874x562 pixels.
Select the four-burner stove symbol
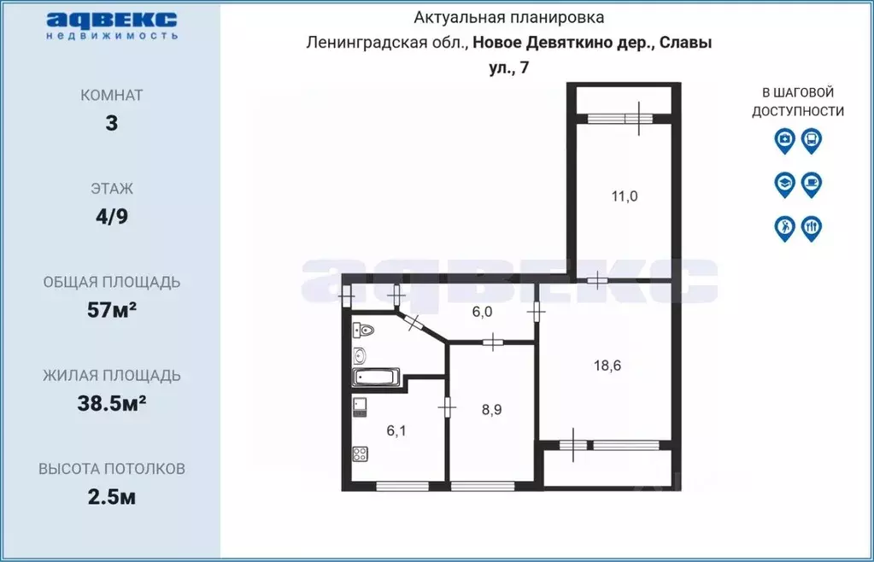click(x=360, y=454)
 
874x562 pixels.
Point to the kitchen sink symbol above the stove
click(x=360, y=406)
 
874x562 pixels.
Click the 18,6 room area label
click(x=607, y=366)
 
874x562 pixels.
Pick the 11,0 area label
click(x=624, y=196)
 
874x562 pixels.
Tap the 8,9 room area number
click(x=491, y=409)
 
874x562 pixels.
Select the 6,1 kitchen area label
click(x=396, y=431)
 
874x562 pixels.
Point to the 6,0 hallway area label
click(x=482, y=312)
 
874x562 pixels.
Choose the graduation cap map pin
click(x=784, y=183)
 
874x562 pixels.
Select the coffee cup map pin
click(x=811, y=183)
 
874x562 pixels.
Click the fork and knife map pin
click(x=811, y=227)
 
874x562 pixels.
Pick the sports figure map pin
click(x=784, y=227)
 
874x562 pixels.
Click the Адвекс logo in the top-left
click(x=112, y=25)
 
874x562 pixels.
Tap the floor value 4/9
click(x=112, y=216)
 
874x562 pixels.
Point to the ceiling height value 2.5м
click(x=112, y=496)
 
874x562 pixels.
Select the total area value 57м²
click(x=112, y=309)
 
